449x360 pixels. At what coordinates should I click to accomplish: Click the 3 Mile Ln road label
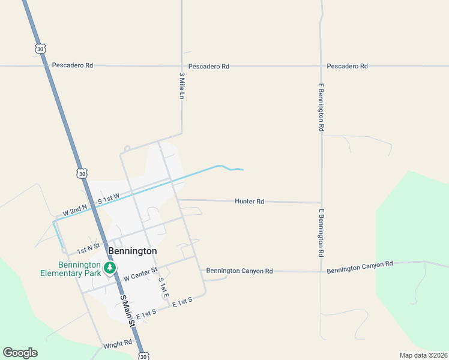181,86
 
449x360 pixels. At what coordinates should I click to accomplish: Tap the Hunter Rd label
249,202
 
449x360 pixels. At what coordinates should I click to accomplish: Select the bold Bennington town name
133,251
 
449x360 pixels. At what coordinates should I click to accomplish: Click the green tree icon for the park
110,268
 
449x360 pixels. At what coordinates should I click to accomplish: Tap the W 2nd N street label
75,211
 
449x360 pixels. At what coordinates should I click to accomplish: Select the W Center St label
140,275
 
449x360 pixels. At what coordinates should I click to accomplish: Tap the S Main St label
128,310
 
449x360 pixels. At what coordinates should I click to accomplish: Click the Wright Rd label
117,344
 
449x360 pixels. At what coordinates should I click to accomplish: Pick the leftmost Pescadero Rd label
73,65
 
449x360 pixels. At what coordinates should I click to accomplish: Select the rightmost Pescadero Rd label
347,66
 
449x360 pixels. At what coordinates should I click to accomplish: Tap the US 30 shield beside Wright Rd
143,356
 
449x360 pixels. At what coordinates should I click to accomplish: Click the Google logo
20,353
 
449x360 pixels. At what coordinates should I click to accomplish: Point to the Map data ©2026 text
423,355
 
